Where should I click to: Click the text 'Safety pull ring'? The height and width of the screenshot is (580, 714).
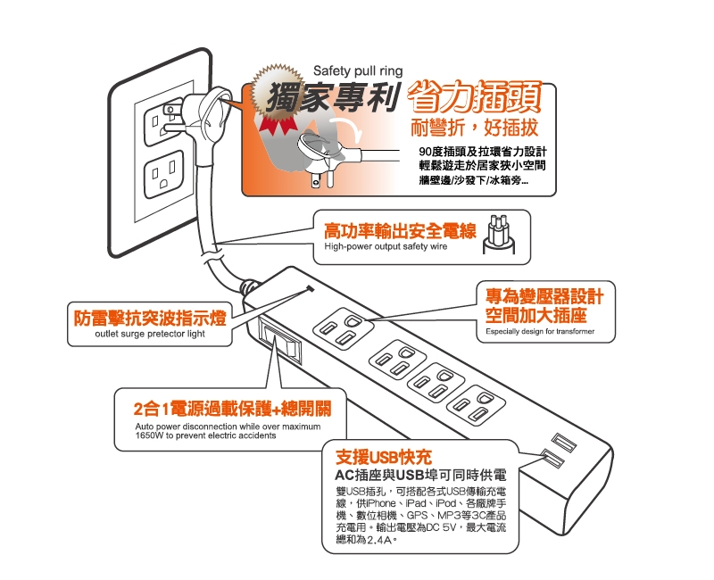358,71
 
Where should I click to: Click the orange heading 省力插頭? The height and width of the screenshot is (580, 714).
475,97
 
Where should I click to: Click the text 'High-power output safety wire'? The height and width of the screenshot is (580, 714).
386,247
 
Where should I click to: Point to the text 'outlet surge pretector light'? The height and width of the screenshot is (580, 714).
150,334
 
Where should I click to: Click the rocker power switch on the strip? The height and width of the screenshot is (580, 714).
280,342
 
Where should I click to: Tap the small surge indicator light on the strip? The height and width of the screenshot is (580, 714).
311,288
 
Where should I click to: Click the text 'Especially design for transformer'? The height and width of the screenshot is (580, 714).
540,331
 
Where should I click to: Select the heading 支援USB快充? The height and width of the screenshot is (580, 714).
384,457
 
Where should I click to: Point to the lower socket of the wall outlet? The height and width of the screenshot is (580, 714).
164,175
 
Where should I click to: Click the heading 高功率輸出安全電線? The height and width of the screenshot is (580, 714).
400,232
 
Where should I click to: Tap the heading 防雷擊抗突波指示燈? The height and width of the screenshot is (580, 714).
150,319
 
